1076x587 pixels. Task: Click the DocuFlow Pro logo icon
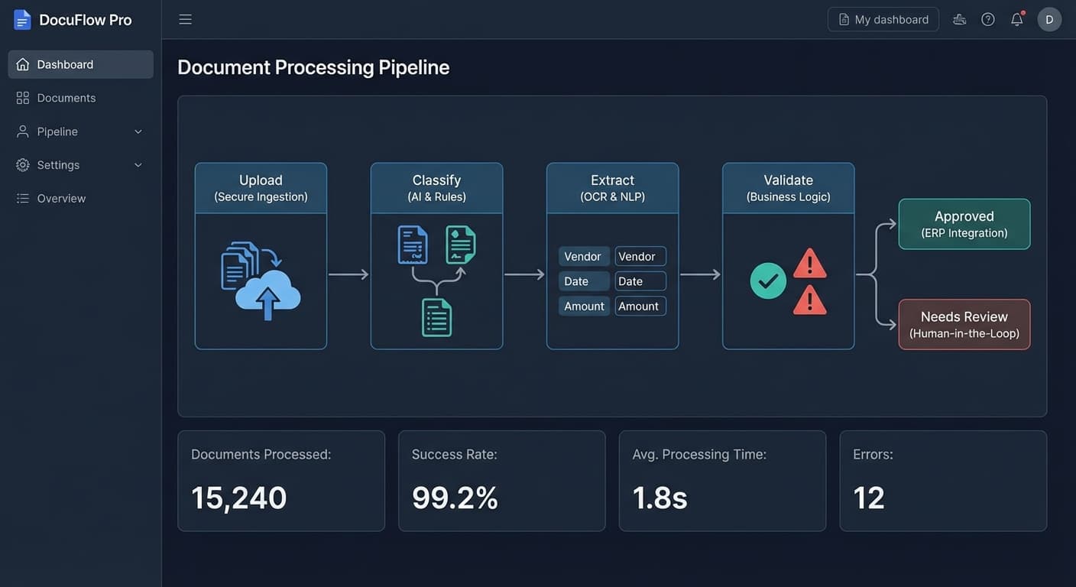(x=22, y=20)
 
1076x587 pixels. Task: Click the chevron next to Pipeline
(x=138, y=131)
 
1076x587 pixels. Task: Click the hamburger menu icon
(x=186, y=19)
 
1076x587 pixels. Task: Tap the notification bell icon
(x=1017, y=19)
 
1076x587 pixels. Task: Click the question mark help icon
(x=987, y=19)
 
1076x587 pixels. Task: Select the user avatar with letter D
(x=1049, y=19)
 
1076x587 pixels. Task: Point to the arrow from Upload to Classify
(x=348, y=274)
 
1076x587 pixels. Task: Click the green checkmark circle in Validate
(x=768, y=281)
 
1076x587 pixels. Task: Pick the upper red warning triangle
(x=810, y=264)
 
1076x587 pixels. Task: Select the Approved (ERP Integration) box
(x=964, y=224)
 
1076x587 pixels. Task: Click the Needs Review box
(x=964, y=324)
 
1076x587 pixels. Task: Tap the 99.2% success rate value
(x=455, y=498)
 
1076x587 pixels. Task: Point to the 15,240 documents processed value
(x=238, y=498)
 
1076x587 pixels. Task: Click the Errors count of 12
(x=868, y=498)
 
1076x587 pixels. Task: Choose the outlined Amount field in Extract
(x=640, y=306)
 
